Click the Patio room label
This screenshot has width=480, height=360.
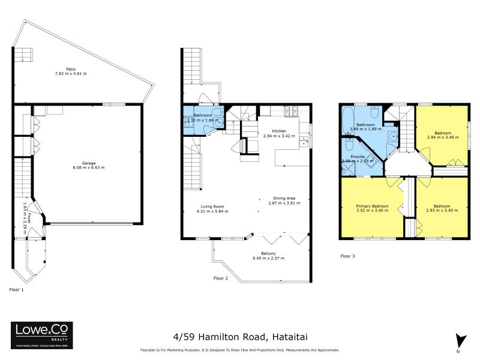tap(71, 68)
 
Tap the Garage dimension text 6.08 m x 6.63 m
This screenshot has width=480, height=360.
tap(89, 167)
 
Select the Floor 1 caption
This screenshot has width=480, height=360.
tap(17, 290)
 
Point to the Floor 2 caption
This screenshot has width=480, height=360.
tap(221, 278)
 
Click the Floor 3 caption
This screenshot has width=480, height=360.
tap(347, 256)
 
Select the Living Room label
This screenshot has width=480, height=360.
tap(212, 206)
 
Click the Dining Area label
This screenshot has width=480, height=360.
tap(283, 198)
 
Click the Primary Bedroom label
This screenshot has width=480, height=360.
tap(373, 206)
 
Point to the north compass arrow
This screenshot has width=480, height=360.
tap(460, 340)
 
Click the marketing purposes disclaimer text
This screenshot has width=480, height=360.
tap(239, 350)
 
